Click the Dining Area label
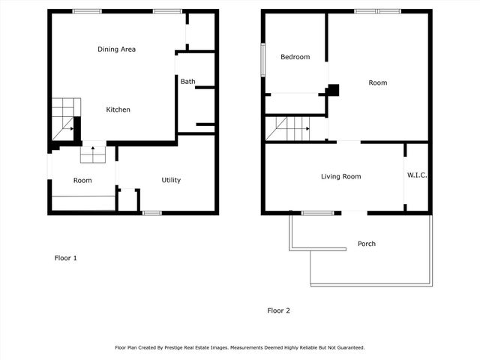[116, 49]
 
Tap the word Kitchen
[118, 109]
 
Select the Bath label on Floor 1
[187, 81]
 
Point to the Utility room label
[171, 180]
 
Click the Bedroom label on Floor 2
[295, 57]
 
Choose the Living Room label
[340, 177]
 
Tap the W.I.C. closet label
[417, 175]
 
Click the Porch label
[366, 244]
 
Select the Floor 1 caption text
[66, 258]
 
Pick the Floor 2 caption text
[279, 310]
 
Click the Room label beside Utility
[82, 180]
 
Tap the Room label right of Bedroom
[378, 82]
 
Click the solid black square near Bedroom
[333, 90]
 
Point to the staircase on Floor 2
[288, 129]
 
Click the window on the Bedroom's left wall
[263, 59]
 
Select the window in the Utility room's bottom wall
[152, 213]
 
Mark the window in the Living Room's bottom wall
[318, 213]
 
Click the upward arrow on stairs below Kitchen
[93, 151]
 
